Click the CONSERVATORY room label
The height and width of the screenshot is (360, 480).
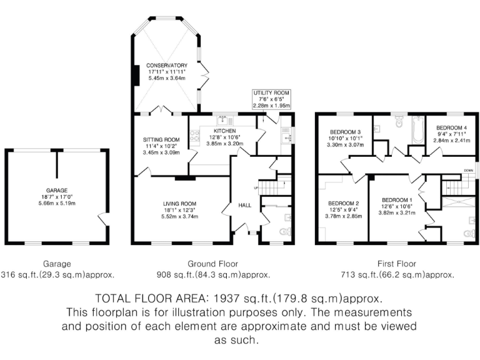click(167, 66)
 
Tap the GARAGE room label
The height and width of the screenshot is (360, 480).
click(57, 191)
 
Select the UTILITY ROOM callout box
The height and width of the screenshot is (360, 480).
click(271, 99)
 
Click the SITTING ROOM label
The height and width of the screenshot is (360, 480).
click(161, 140)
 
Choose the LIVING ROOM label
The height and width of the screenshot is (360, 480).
click(180, 204)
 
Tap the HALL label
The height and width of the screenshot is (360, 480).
click(245, 206)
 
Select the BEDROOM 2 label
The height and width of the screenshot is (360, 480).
click(344, 204)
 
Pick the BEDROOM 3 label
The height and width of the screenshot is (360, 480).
click(345, 132)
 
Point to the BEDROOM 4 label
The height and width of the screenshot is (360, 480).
click(451, 128)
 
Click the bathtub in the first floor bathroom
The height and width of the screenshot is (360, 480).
click(417, 130)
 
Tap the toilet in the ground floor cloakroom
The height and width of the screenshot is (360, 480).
click(285, 231)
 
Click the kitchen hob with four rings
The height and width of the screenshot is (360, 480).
click(195, 136)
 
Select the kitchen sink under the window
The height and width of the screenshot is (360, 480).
click(225, 121)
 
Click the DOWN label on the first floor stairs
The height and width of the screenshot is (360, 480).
click(468, 171)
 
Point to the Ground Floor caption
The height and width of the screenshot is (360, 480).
click(212, 264)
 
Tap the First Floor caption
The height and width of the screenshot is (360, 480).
click(397, 264)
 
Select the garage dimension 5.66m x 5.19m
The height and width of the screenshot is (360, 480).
click(57, 203)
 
